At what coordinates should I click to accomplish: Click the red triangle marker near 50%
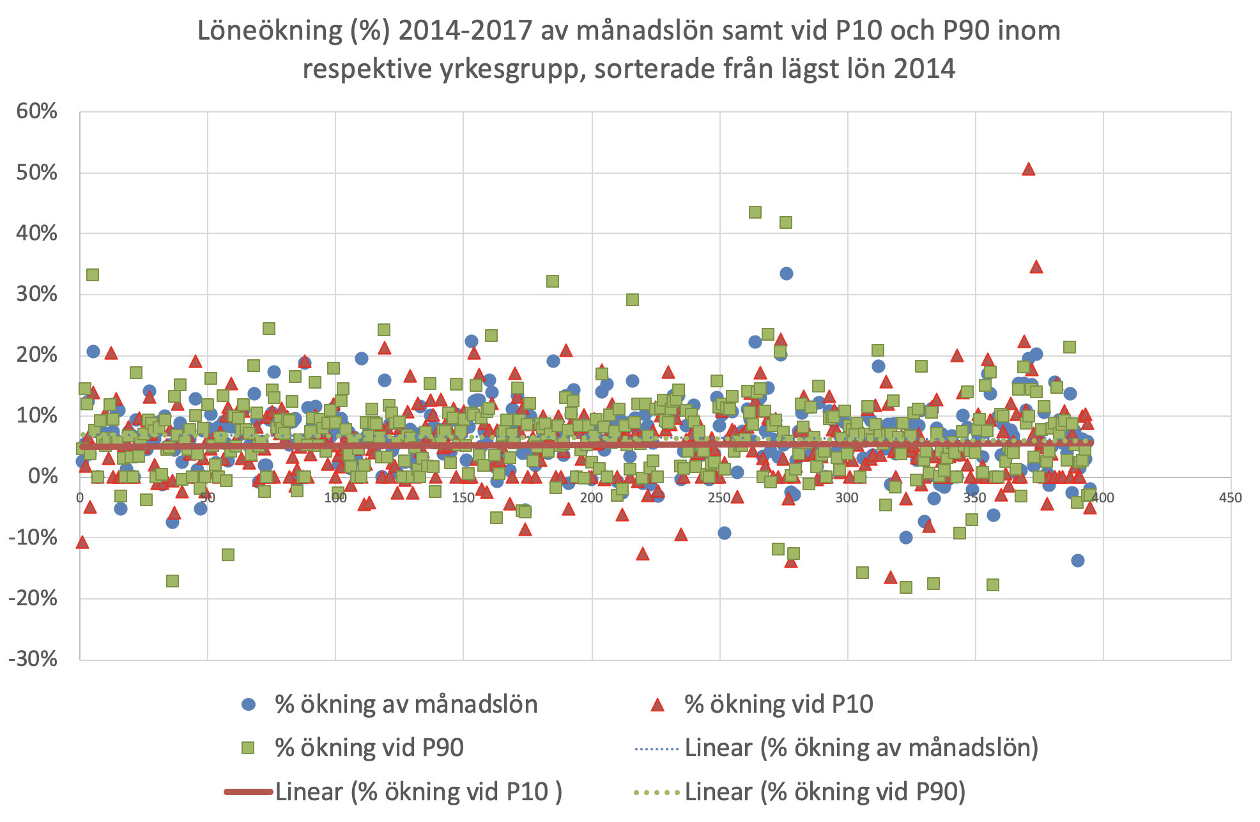tap(1028, 169)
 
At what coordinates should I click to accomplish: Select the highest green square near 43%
tap(755, 212)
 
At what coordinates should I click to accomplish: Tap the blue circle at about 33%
tap(787, 274)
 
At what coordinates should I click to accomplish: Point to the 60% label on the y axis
tap(36, 112)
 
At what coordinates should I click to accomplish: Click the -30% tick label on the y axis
tap(33, 659)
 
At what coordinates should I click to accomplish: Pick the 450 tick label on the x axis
tap(1231, 498)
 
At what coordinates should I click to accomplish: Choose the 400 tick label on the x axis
tap(1103, 498)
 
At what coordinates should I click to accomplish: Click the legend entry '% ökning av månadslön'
tap(406, 704)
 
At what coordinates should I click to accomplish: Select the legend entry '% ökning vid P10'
tap(778, 704)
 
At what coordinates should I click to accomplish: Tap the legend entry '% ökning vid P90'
tap(369, 748)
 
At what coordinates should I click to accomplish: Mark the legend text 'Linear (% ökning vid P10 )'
tap(419, 792)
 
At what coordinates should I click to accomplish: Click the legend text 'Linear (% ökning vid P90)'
tap(825, 792)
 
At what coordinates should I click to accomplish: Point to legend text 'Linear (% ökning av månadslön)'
tap(861, 748)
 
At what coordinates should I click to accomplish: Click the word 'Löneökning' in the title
tap(270, 31)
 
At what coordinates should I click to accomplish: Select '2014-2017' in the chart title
tap(465, 31)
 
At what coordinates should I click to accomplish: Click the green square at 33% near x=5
tap(93, 275)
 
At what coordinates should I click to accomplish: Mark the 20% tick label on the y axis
tap(36, 355)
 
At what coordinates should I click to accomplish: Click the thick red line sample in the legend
tap(249, 792)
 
